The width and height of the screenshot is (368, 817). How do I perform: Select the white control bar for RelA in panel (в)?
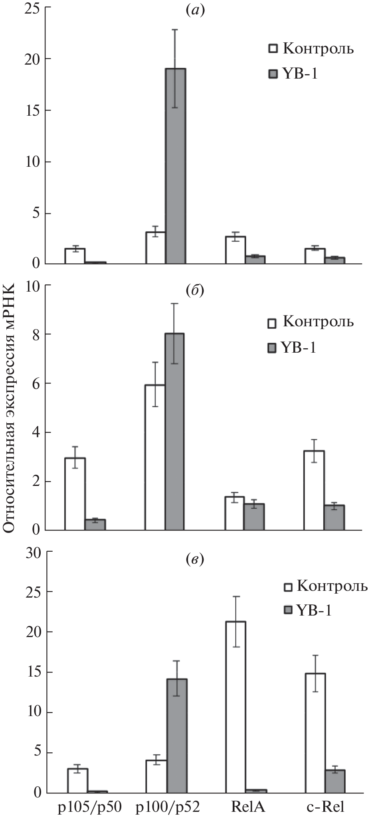click(x=235, y=706)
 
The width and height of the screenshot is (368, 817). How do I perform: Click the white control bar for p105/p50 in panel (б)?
click(x=75, y=494)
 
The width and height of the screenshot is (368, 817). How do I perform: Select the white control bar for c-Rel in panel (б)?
click(x=314, y=490)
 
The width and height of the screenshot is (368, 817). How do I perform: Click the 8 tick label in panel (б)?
click(x=36, y=334)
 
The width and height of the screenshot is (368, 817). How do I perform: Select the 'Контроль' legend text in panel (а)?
click(x=318, y=49)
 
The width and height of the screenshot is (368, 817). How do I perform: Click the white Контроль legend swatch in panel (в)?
click(x=288, y=587)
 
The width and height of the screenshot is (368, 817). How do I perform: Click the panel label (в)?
click(x=195, y=560)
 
